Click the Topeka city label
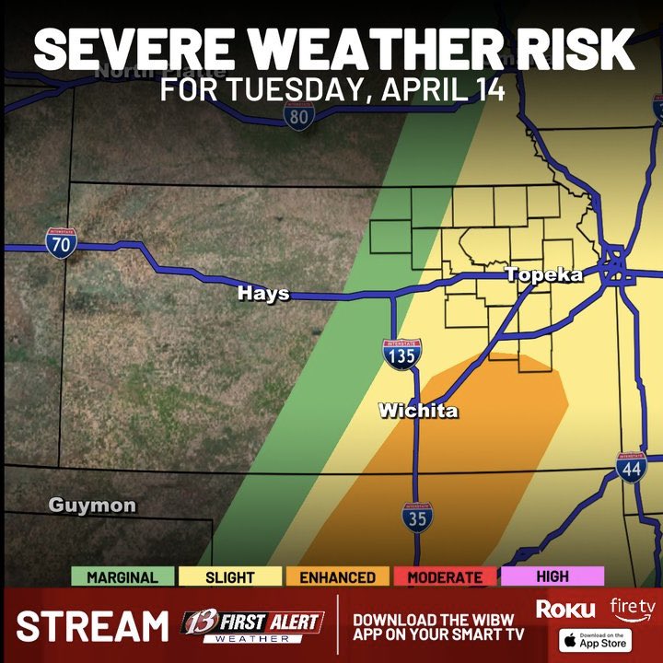[x=543, y=275]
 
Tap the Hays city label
[x=263, y=294]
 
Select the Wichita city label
[x=418, y=411]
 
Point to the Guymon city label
[x=92, y=505]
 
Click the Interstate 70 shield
[x=61, y=243]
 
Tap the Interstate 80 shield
[x=298, y=115]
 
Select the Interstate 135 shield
[x=402, y=355]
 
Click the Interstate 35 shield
[x=416, y=518]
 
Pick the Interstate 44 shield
[x=632, y=468]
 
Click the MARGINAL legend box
[x=122, y=577]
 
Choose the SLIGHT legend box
[x=230, y=577]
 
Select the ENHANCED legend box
[x=338, y=577]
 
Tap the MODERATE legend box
[x=445, y=577]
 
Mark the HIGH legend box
[x=552, y=576]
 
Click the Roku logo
[x=565, y=609]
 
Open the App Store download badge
[x=596, y=639]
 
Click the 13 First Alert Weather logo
[x=252, y=625]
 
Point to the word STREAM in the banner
[x=93, y=626]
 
